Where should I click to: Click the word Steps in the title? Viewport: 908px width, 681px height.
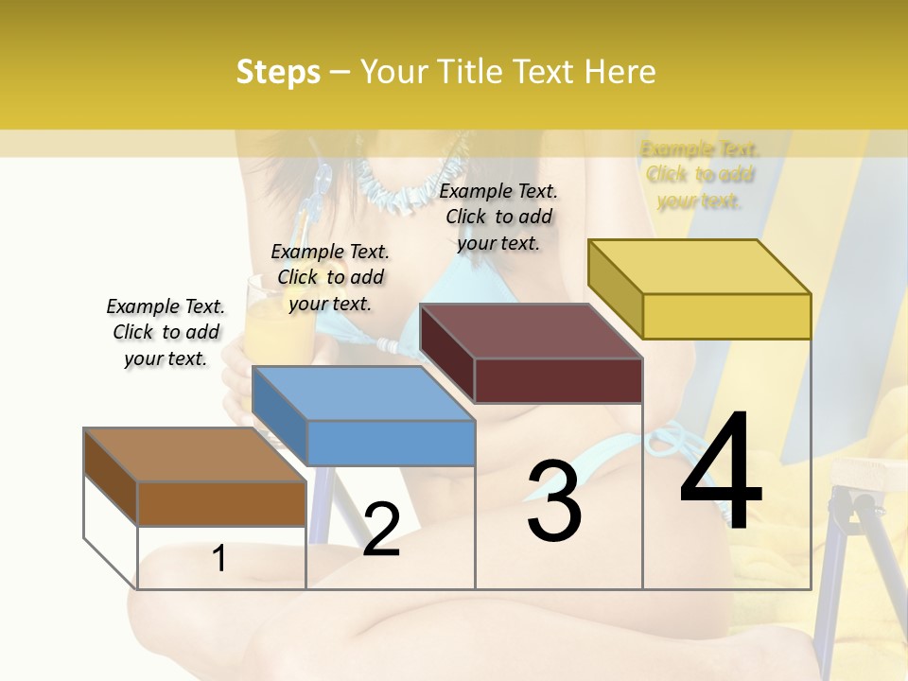pos(277,72)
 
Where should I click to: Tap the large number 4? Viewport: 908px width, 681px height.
pos(721,473)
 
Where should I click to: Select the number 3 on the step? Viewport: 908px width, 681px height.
pos(553,501)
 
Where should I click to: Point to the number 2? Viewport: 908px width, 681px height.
pos(381,530)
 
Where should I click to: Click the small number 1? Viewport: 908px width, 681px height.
pos(219,558)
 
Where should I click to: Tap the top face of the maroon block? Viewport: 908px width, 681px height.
pos(530,331)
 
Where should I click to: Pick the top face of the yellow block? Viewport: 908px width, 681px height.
pos(700,267)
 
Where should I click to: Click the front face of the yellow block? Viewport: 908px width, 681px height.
pos(726,316)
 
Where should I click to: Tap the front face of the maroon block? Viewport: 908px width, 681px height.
pos(558,380)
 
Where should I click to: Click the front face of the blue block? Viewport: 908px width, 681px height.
pos(391,443)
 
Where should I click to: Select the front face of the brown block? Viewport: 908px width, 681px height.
pos(221,503)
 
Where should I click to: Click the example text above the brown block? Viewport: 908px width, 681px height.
pos(166,332)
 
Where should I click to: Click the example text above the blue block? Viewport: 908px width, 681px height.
pos(330,277)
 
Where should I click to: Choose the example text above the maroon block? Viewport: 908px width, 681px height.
pos(498,217)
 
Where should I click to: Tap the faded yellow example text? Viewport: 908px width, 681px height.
pos(700,174)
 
